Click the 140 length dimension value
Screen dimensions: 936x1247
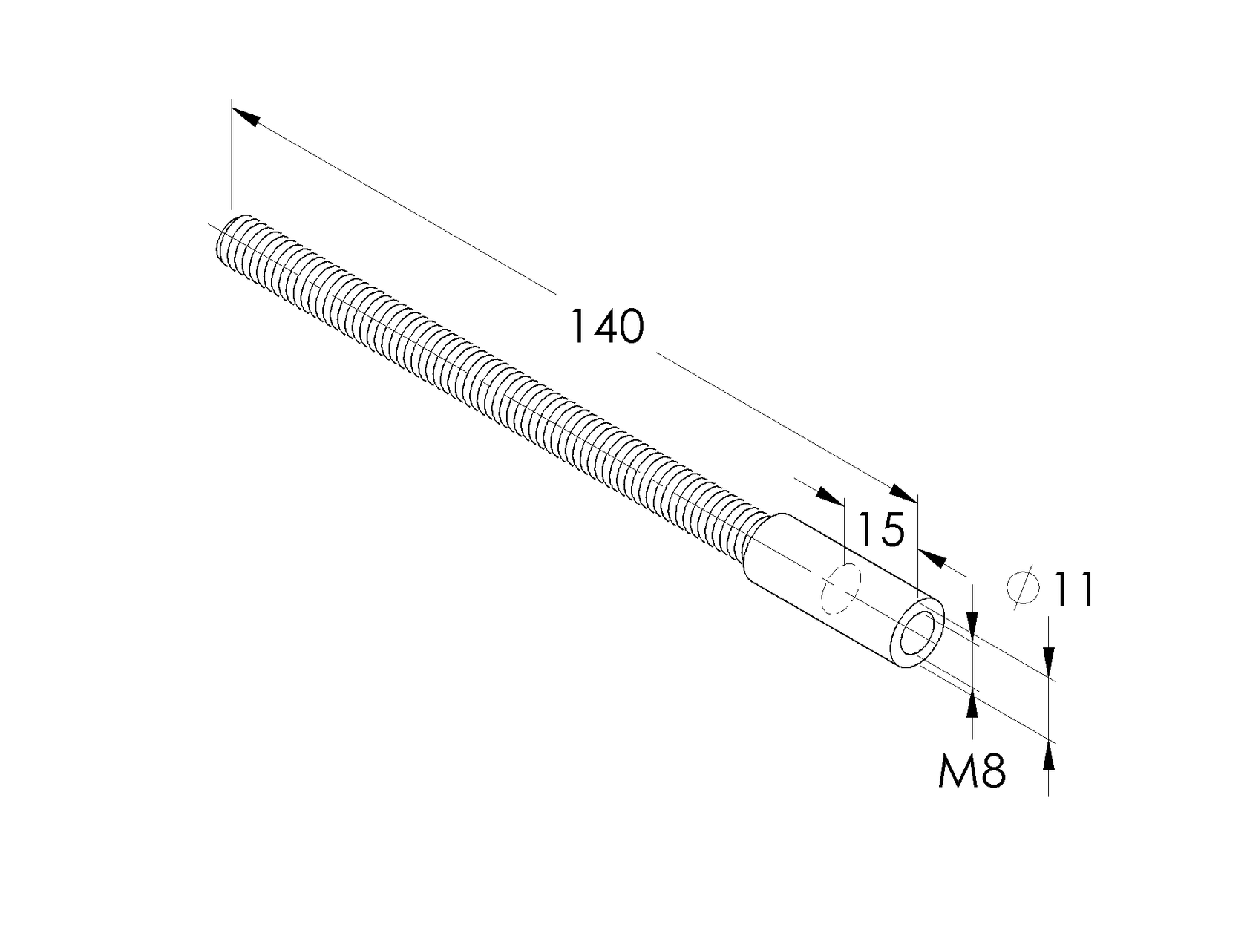click(x=606, y=327)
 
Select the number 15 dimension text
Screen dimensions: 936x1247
click(x=881, y=529)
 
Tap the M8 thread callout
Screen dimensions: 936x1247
click(x=972, y=771)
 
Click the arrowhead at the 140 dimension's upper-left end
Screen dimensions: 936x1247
click(x=245, y=117)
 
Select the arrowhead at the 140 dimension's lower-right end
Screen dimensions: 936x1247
click(x=904, y=493)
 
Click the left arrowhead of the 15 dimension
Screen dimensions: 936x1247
click(x=829, y=497)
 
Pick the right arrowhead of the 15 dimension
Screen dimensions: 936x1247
click(x=933, y=557)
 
